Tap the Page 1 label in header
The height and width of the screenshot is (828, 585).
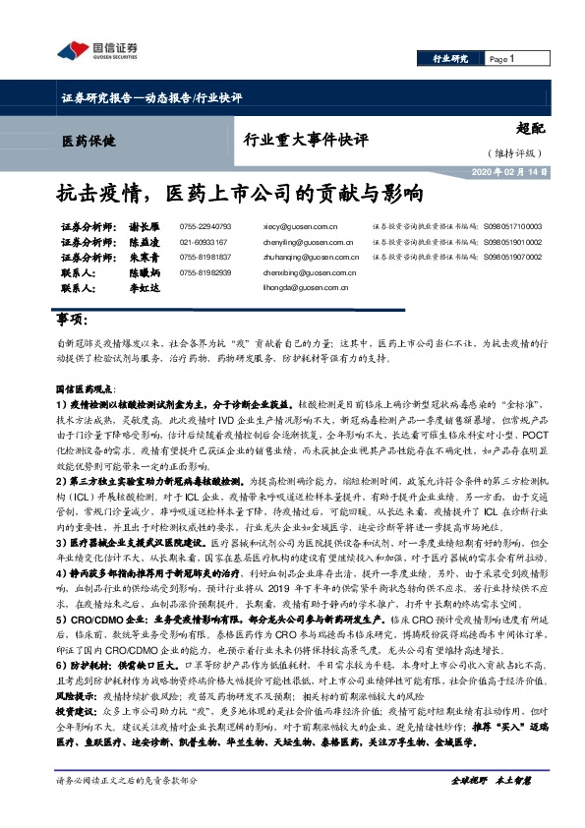(x=502, y=59)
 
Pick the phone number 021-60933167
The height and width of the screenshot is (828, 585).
(x=204, y=241)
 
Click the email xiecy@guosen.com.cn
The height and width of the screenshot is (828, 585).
(x=301, y=225)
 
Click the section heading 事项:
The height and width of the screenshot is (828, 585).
(x=72, y=321)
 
